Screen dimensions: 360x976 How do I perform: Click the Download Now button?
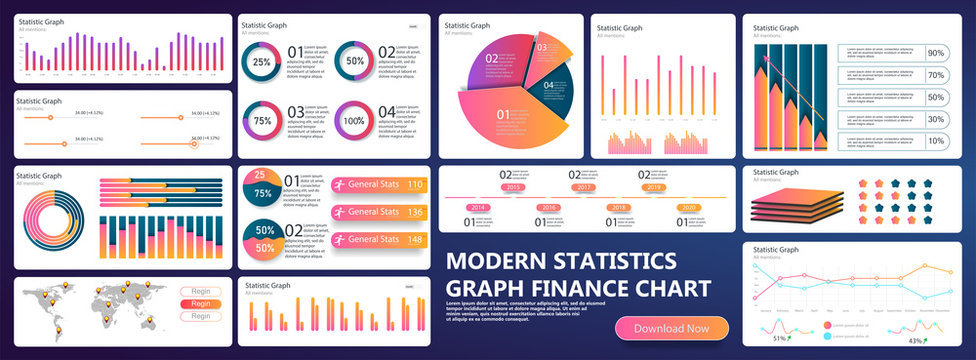(x=671, y=328)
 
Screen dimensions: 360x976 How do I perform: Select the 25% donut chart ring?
(x=261, y=62)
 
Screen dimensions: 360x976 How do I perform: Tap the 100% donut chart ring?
(x=354, y=121)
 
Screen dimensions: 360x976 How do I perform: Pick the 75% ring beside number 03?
(x=261, y=121)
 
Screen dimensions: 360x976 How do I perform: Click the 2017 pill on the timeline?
(x=585, y=187)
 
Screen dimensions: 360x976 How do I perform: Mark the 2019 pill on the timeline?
(x=654, y=187)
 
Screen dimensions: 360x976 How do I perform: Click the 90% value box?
(x=936, y=54)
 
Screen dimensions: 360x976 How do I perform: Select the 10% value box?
(x=936, y=141)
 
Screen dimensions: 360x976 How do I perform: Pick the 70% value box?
(x=936, y=76)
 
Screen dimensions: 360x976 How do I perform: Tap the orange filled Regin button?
(x=201, y=304)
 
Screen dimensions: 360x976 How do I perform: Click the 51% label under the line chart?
(x=779, y=339)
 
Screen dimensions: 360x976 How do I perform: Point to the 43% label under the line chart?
(x=915, y=341)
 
